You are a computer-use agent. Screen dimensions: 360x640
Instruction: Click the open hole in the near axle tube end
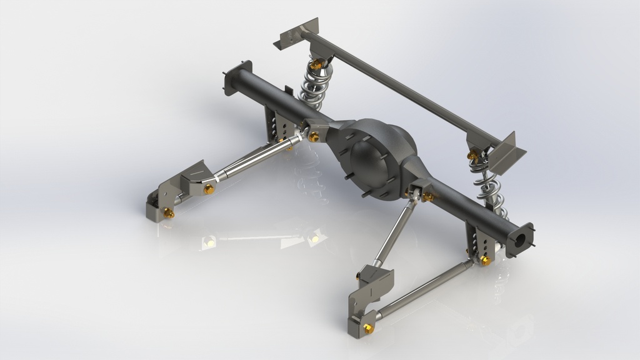[519, 240]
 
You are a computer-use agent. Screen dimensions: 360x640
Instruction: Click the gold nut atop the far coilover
[316, 64]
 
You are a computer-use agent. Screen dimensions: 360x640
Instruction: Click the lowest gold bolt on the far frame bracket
[169, 214]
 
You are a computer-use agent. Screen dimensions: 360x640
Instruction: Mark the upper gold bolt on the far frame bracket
[209, 189]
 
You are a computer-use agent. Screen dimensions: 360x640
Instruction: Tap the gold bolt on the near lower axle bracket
[485, 259]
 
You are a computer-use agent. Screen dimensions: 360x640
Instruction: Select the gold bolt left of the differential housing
[314, 137]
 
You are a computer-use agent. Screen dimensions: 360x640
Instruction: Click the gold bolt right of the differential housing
[429, 197]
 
